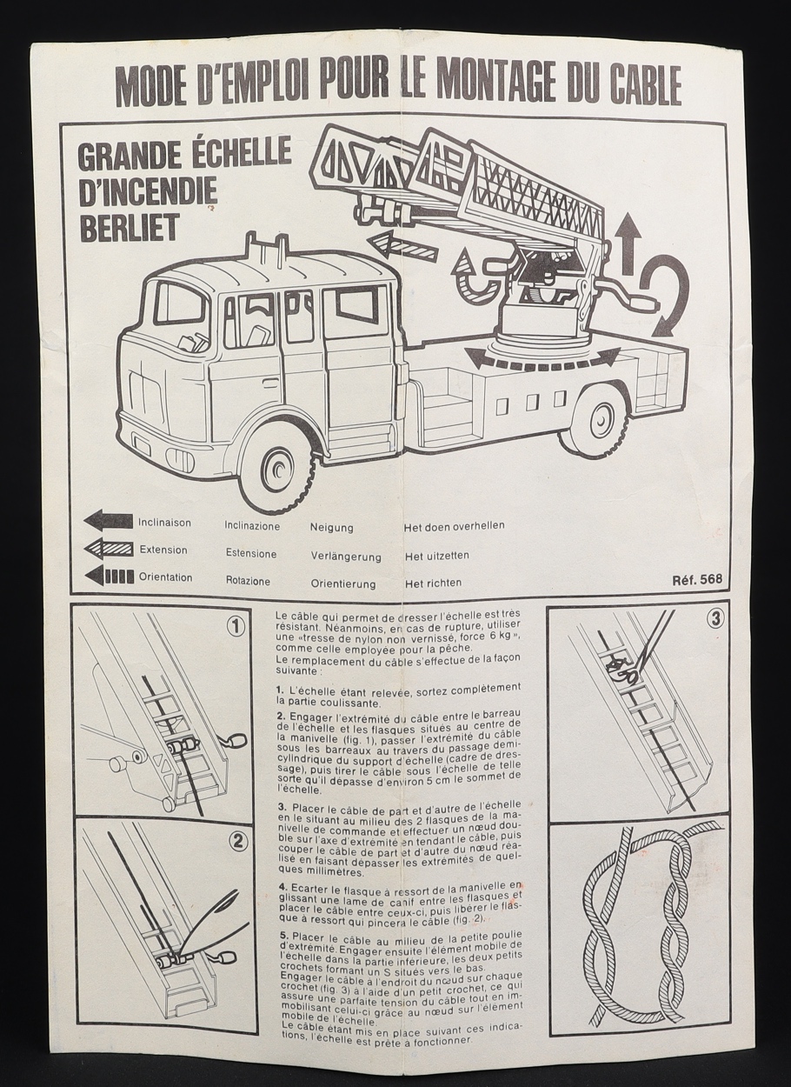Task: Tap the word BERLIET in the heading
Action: click(129, 226)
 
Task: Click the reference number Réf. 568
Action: click(697, 580)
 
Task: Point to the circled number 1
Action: click(234, 627)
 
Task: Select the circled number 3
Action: click(715, 619)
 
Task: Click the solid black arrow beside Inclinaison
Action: click(108, 521)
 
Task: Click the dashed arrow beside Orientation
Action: click(108, 576)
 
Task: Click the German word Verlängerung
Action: click(346, 556)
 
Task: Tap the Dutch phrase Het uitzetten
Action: click(437, 555)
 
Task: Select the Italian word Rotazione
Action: click(248, 581)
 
